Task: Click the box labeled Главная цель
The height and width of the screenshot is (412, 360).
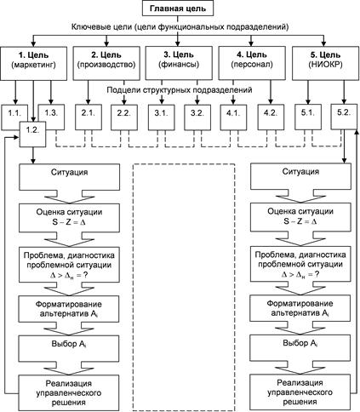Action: [x=177, y=9]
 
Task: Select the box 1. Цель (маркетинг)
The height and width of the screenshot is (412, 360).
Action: [x=33, y=63]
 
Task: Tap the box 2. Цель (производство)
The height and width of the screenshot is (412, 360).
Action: [x=106, y=63]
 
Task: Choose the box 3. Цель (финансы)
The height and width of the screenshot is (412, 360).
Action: [x=179, y=63]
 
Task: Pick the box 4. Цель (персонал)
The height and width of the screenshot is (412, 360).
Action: [x=252, y=63]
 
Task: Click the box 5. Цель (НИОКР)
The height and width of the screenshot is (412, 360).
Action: [x=325, y=63]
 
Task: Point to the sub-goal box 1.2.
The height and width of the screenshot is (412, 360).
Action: [x=32, y=134]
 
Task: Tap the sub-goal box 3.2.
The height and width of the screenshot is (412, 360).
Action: [x=197, y=117]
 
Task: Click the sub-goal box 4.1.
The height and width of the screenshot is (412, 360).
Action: [x=233, y=117]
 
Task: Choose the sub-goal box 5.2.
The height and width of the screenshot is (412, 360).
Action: [x=344, y=117]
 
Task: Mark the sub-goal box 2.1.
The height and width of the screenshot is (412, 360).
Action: [x=89, y=117]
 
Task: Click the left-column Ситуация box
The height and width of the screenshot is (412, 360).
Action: [x=69, y=177]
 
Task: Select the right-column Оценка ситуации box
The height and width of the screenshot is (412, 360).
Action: [x=300, y=217]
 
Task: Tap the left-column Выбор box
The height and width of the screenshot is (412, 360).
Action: [x=69, y=348]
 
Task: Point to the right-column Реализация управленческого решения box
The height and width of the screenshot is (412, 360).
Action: [x=300, y=392]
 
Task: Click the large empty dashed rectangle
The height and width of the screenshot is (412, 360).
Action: [x=184, y=287]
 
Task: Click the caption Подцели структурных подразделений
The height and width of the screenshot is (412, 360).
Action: [x=180, y=90]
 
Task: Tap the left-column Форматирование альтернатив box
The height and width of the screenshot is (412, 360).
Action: [x=69, y=309]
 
